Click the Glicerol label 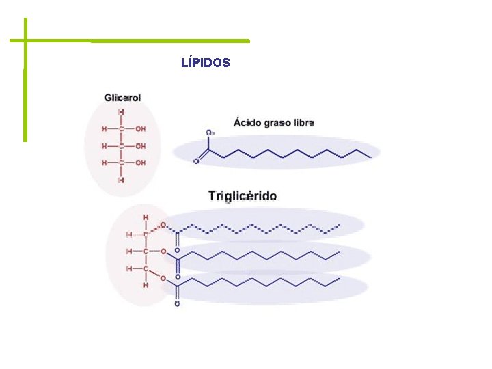point(122,98)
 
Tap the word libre point(301,123)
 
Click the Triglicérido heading point(243,196)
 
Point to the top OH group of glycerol point(140,128)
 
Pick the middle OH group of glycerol point(140,146)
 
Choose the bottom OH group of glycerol point(140,163)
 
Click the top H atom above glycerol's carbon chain point(122,112)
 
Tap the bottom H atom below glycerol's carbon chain point(122,181)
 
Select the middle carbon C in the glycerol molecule point(122,146)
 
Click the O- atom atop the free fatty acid point(209,133)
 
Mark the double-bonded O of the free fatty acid point(196,162)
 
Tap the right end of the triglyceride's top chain point(340,225)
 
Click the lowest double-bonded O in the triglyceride point(178,304)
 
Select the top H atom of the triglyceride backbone point(145,217)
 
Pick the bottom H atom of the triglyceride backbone point(145,286)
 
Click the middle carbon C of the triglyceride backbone point(146,251)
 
